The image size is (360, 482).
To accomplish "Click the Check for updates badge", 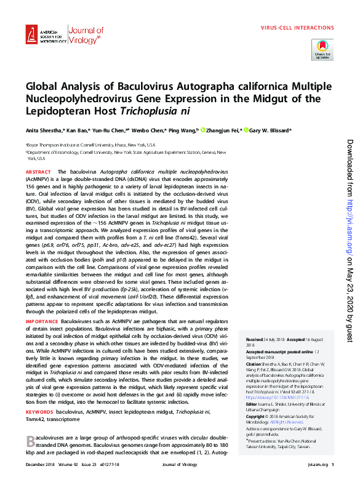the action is point(323,49).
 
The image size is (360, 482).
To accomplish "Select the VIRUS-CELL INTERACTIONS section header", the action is point(297,28).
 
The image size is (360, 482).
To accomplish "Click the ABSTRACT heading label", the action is point(38,172).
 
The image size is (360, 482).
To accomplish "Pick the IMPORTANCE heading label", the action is point(42,339).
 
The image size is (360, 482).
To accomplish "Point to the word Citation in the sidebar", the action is point(254,364).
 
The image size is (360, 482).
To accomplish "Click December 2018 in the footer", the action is point(39,465).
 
